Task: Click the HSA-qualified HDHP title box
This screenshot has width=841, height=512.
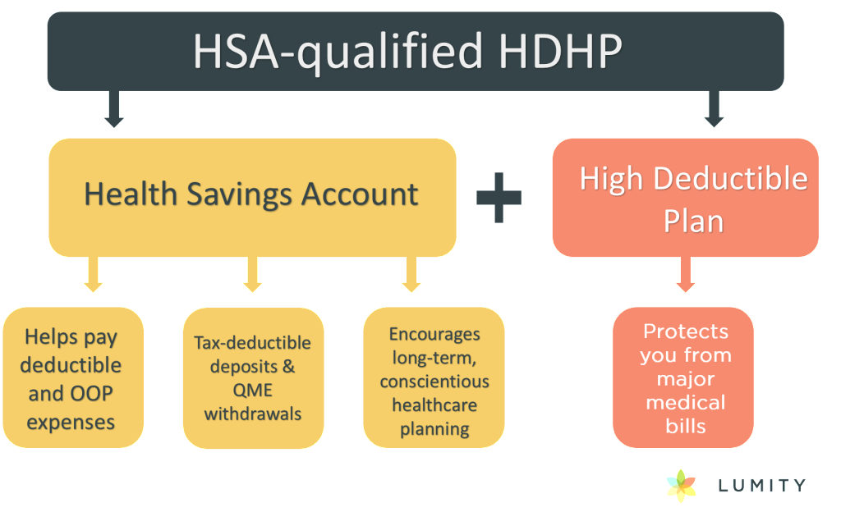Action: click(416, 52)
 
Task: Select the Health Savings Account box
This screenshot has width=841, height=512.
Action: click(252, 197)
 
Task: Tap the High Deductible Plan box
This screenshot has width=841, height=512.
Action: click(686, 197)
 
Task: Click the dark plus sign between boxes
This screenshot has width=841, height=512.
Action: click(499, 197)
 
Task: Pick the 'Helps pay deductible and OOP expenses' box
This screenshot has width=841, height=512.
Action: click(73, 377)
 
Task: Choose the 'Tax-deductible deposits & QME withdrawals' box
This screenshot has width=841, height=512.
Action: click(253, 377)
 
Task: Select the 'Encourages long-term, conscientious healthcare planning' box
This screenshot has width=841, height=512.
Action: click(434, 377)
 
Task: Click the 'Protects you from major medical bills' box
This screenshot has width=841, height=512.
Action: click(683, 377)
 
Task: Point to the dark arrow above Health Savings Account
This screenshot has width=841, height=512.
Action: click(113, 109)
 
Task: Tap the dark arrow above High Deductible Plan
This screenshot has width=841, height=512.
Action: click(714, 109)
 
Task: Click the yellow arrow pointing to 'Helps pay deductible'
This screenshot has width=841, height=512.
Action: click(94, 274)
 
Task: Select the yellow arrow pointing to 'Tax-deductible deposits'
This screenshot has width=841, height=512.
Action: click(253, 274)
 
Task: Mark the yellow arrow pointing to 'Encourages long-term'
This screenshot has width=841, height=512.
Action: click(411, 274)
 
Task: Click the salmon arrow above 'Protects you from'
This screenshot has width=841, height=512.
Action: click(686, 274)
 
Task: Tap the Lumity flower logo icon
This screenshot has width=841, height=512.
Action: click(681, 486)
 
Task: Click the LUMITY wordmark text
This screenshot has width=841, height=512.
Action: click(761, 486)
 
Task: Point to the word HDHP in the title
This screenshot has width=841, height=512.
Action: click(560, 52)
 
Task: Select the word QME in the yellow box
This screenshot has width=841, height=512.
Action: click(253, 390)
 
